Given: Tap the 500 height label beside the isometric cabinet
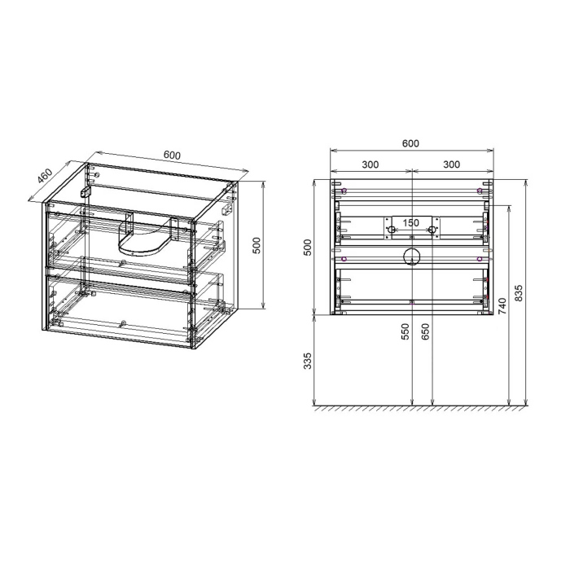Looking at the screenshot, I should point(256,245).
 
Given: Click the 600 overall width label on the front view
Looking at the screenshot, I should point(411,143).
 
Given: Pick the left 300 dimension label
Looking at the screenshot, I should point(370,164).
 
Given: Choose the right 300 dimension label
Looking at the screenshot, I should point(452,164).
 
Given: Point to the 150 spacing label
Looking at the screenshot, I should point(411,222).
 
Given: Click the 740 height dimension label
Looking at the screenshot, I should point(502,307).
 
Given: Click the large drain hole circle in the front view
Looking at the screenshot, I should point(412,258).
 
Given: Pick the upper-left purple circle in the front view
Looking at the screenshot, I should point(344,191).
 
